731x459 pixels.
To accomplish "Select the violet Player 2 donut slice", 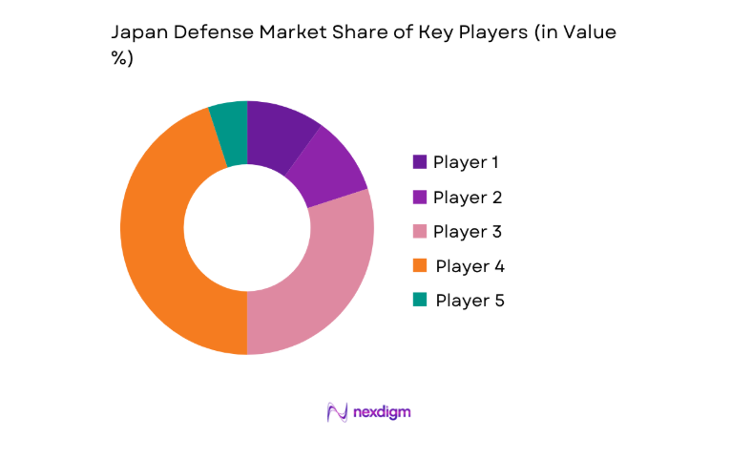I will coord(330,172).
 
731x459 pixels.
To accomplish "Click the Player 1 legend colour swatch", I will coord(420,162).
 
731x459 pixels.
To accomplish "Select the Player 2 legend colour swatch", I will coord(420,197).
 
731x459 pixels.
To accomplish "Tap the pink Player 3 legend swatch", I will coord(420,231).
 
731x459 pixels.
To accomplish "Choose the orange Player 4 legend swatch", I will coord(420,265).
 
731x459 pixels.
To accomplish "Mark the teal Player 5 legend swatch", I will coord(420,300).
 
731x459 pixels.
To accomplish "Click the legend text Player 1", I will coord(467,162).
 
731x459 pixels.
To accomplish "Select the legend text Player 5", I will coord(469,300).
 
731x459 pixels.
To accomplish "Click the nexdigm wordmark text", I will coord(381,412).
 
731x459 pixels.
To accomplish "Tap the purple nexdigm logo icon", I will coord(336,411).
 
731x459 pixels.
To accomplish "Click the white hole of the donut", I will coord(247,227).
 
